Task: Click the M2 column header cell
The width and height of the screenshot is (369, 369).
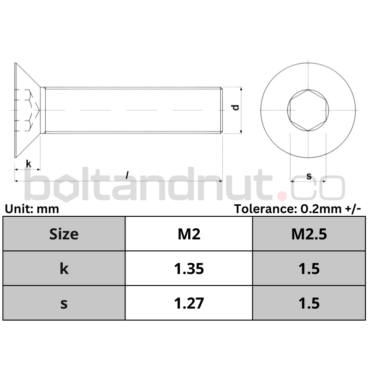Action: click(189, 234)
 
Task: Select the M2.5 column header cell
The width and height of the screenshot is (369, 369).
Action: click(309, 234)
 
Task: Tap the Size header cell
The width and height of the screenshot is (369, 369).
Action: click(64, 234)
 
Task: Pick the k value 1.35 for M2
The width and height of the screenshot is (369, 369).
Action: click(189, 268)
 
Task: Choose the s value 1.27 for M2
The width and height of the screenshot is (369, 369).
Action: click(189, 303)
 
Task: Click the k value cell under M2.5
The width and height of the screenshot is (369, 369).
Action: click(309, 268)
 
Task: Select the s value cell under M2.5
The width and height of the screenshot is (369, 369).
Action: click(309, 303)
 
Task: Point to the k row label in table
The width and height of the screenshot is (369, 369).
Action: click(64, 268)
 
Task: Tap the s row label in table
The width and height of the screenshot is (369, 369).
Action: click(64, 303)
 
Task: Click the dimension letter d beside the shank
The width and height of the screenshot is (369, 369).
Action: click(236, 107)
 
